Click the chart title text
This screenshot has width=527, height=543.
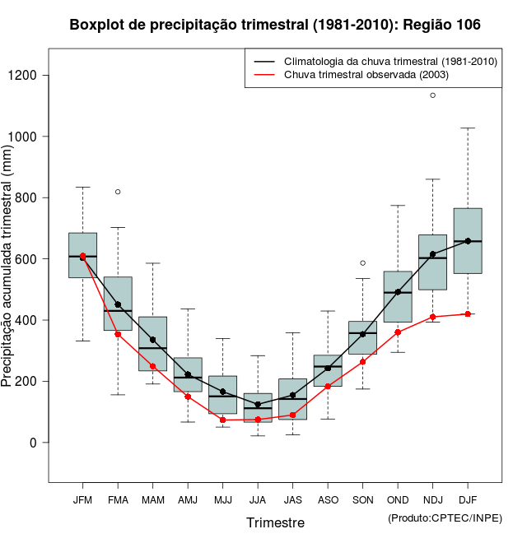coord(275,26)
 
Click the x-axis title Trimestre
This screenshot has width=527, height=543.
coord(275,522)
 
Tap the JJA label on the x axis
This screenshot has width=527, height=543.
coord(258,500)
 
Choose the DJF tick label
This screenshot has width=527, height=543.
coord(468,500)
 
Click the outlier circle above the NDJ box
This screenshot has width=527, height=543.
coord(432,95)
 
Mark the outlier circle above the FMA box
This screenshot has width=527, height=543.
coord(118,192)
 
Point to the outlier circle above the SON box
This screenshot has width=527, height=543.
coord(362,263)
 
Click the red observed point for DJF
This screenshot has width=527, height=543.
coord(468,314)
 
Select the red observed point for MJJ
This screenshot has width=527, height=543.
coord(222,420)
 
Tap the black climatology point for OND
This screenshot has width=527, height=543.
coord(398,292)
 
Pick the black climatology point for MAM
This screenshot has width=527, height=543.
coord(152,340)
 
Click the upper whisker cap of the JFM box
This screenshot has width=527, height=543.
coord(82,188)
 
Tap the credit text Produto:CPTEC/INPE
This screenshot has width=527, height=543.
coord(445,517)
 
